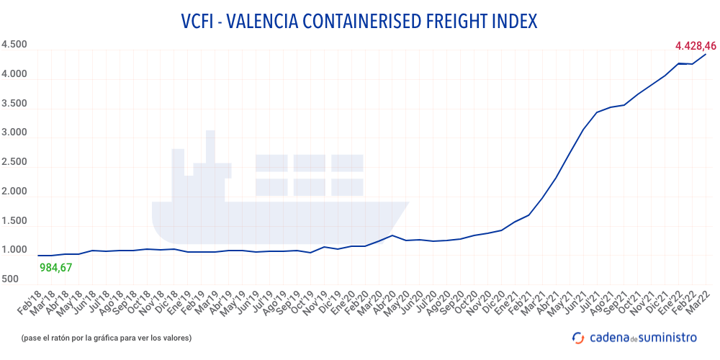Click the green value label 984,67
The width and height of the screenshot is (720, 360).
(55, 267)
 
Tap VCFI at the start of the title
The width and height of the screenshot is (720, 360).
(199, 22)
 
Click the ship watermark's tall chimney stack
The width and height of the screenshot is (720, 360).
(210, 148)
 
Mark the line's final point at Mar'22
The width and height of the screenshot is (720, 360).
(705, 54)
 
